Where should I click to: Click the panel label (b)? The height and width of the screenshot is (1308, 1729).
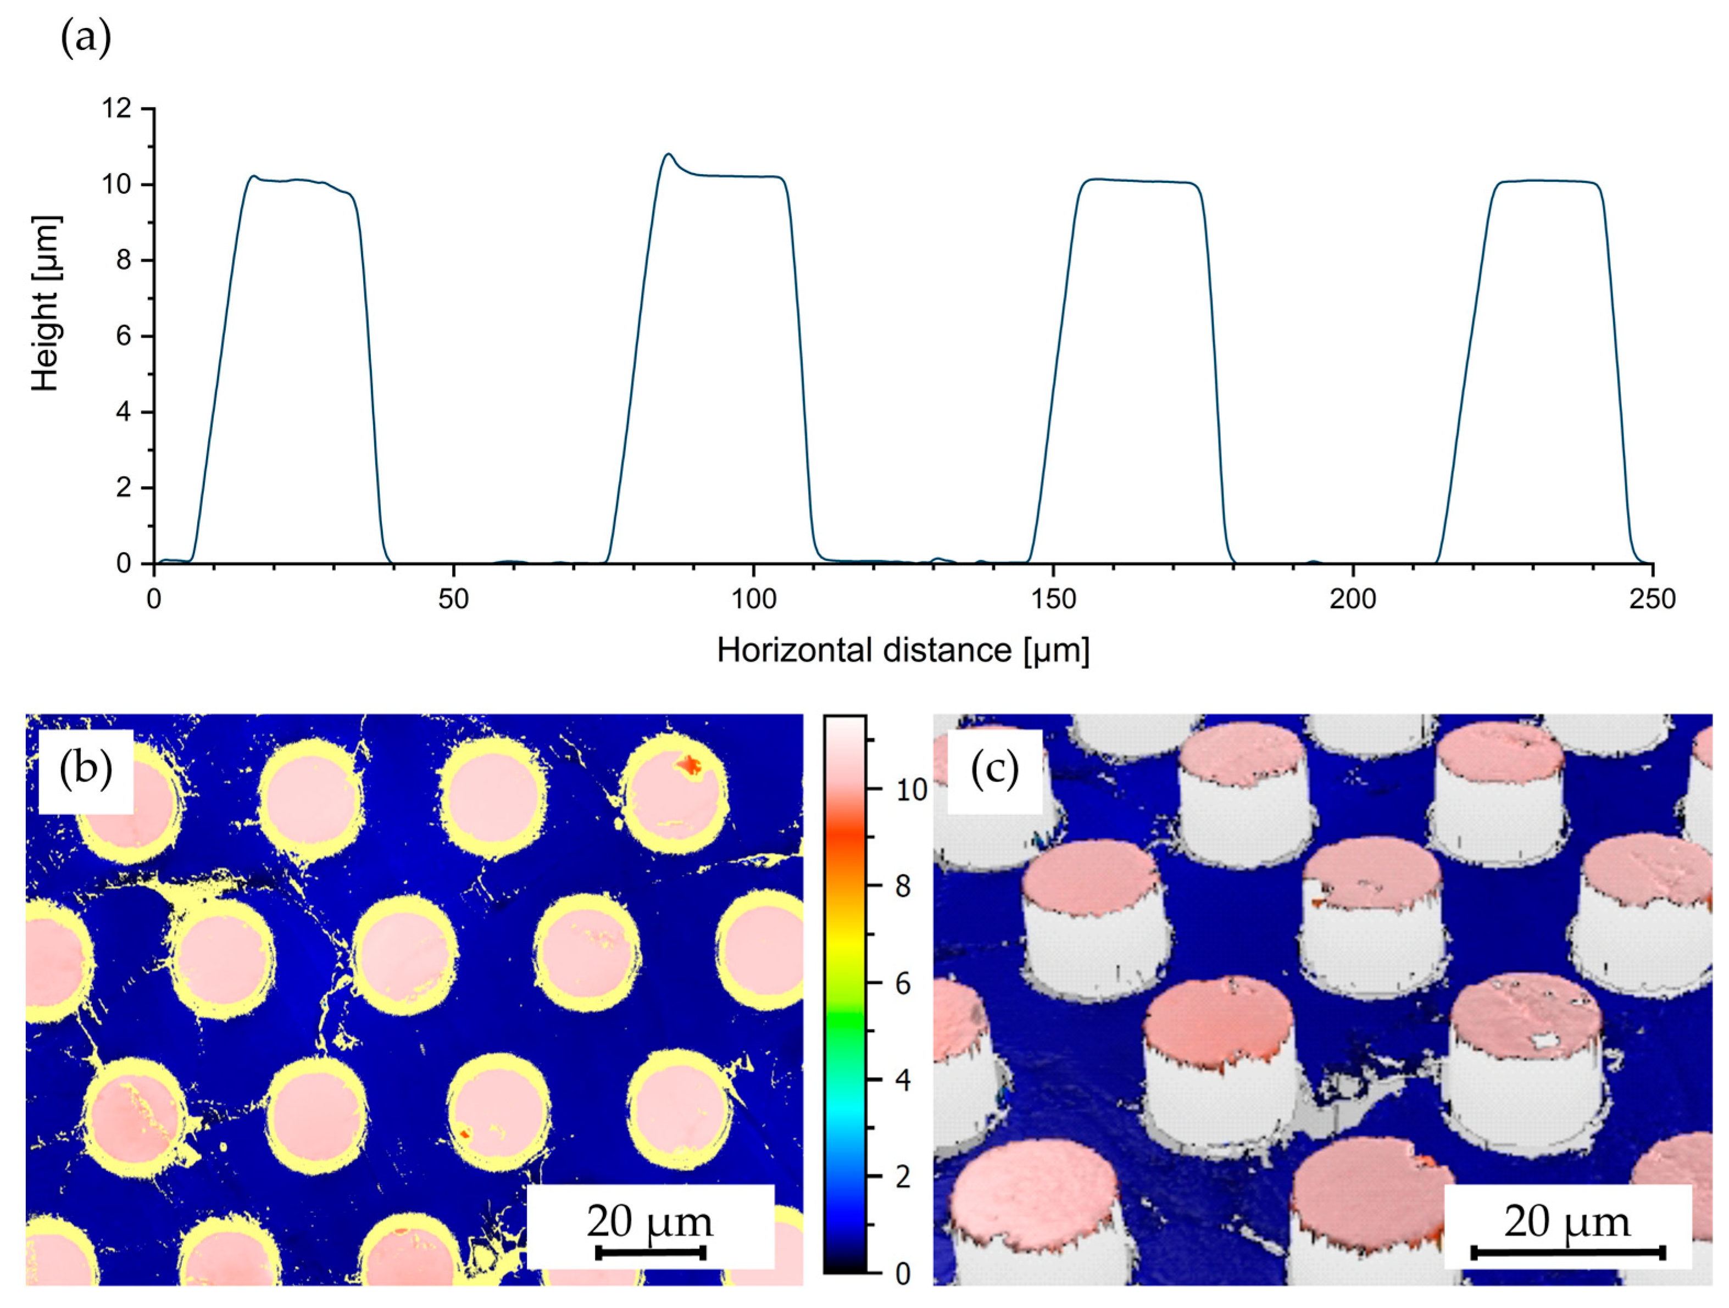[85, 770]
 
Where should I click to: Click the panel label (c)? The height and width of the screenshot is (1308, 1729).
[994, 770]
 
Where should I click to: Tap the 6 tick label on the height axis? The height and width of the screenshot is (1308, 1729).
[124, 336]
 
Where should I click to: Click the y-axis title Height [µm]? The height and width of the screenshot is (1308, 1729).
[46, 303]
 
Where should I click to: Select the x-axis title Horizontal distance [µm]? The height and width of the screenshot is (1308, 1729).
[903, 650]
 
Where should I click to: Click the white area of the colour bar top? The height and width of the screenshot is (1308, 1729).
[844, 731]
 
